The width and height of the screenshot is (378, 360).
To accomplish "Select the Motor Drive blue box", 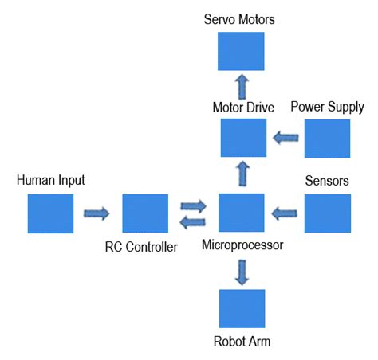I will (x=243, y=137).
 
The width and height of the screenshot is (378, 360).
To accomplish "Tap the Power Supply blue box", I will (x=327, y=138).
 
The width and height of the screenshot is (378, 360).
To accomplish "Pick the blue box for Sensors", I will (x=327, y=213).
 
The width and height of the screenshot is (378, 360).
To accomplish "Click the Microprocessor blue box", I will (x=242, y=213).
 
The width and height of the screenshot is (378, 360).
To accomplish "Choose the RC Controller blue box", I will (x=145, y=213).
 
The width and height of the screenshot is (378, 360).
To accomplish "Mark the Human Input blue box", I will (x=51, y=213).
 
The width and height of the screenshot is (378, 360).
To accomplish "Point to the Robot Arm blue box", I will (x=242, y=308).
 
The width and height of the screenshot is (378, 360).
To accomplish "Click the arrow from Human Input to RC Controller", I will (x=97, y=213).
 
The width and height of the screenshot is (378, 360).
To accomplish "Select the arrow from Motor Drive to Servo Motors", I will (x=242, y=86).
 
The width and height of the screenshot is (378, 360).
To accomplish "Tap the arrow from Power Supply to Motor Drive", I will (x=285, y=139).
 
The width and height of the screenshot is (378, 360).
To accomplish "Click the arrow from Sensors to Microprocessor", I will (x=285, y=213).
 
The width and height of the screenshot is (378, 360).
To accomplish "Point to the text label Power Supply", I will (x=327, y=107).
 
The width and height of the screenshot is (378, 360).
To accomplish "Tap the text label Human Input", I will (x=51, y=182).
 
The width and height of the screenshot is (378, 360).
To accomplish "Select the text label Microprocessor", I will (x=242, y=246).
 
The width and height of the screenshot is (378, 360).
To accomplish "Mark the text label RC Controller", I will (x=141, y=247).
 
